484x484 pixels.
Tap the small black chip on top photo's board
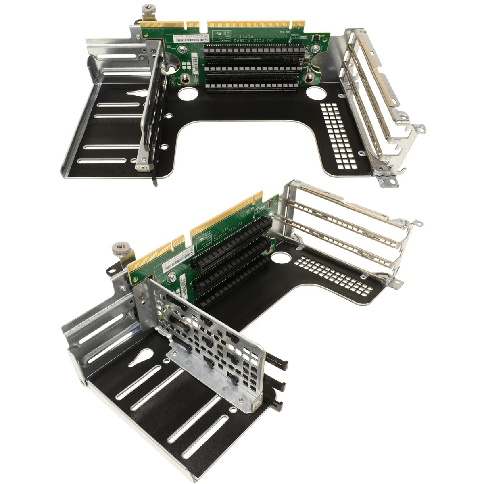tap(316, 38)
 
